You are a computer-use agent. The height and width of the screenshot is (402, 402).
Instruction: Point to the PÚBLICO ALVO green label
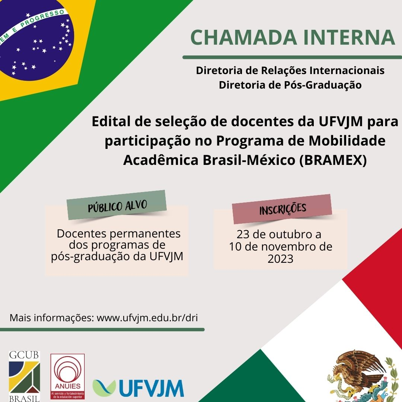point(117,205)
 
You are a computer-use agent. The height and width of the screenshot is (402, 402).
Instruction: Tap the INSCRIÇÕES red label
point(282,209)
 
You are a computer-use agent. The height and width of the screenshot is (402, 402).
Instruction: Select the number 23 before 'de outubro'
point(243,235)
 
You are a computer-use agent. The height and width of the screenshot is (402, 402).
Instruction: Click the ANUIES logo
point(68,376)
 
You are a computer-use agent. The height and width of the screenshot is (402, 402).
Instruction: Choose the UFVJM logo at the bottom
point(138,388)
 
